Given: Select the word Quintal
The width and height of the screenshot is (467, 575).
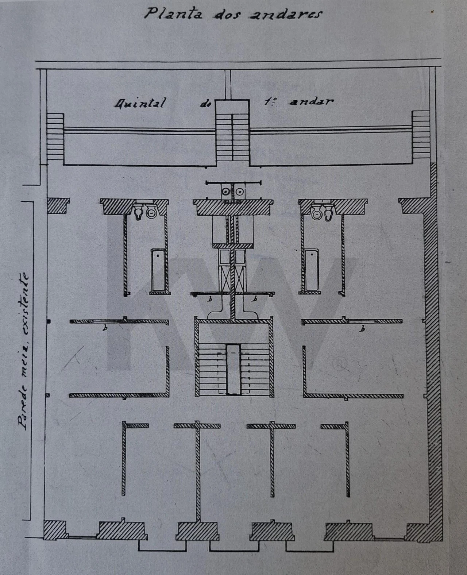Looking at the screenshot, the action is pos(140,103).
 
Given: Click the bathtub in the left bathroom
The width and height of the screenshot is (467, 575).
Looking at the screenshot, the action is pos(158,270).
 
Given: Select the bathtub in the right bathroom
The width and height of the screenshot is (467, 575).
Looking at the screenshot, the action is pos(312,270).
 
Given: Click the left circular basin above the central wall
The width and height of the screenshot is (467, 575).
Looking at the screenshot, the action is pos(225,192).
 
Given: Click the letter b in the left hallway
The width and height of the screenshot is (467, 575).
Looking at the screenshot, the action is pos(106,328).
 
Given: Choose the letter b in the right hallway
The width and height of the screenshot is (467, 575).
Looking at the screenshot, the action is pos(363,328).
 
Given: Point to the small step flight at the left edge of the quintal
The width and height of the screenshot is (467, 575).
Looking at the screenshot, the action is pos(55,136).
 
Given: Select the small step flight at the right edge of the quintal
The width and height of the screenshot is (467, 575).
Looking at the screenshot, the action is pos(421,134).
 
